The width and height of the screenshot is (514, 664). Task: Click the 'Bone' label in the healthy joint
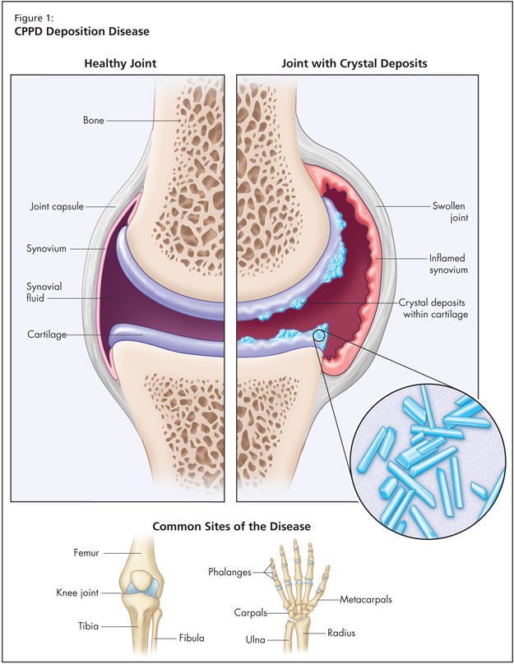(93, 121)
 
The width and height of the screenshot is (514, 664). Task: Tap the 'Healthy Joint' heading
(121, 63)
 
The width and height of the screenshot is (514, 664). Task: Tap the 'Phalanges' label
(229, 571)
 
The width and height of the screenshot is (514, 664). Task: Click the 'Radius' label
(320, 634)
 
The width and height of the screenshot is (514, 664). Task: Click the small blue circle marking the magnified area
(320, 335)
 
